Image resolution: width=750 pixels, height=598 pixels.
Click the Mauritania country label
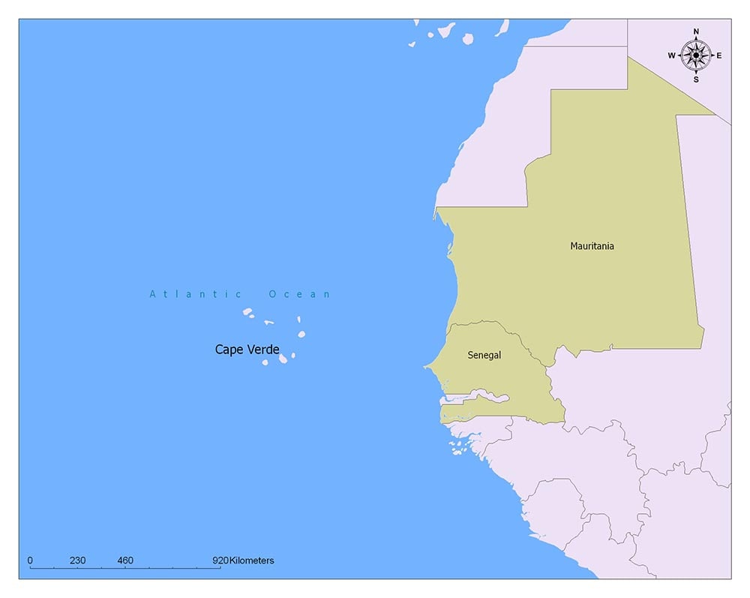[x=592, y=245]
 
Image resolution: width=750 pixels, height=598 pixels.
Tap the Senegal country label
[x=484, y=355]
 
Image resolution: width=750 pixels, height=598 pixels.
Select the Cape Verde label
[x=247, y=350]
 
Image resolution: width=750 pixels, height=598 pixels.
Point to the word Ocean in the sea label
[x=299, y=294]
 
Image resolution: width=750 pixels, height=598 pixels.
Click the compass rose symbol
[x=696, y=55]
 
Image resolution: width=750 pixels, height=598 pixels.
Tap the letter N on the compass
[x=696, y=32]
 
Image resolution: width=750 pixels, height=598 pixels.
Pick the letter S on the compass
[x=696, y=79]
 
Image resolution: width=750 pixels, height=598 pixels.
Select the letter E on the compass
[x=719, y=55]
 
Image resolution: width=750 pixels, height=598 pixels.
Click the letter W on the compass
[x=672, y=55]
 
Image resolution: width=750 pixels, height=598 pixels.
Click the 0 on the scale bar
[x=30, y=560]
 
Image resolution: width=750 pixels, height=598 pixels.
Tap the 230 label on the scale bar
[x=77, y=560]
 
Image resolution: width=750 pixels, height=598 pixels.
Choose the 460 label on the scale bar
[x=125, y=560]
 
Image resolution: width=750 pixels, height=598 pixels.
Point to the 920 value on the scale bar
[x=220, y=560]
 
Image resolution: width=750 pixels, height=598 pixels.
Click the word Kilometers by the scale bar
[x=252, y=560]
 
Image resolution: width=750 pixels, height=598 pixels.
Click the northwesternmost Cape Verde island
[x=247, y=312]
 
